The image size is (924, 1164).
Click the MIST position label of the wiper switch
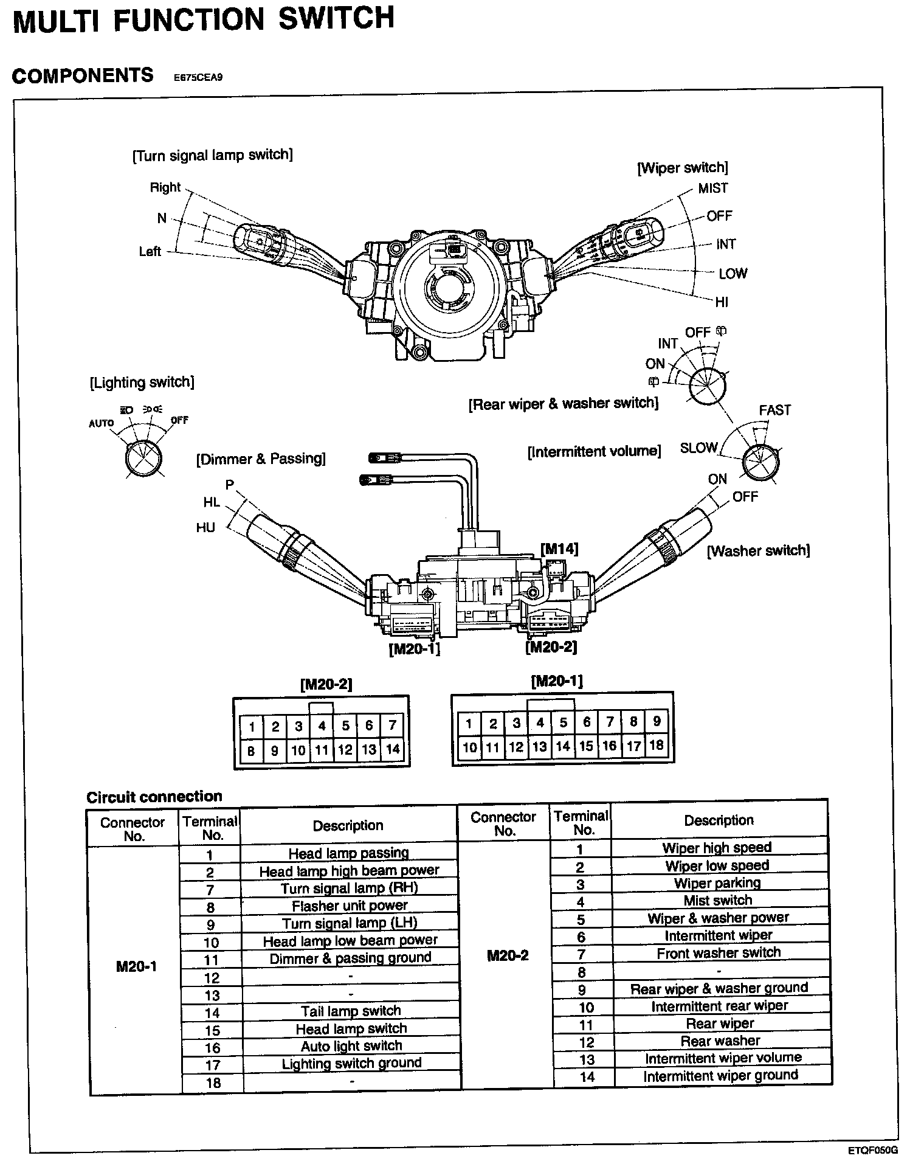[712, 189]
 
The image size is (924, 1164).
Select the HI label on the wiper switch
[721, 302]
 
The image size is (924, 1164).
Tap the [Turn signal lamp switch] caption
[212, 155]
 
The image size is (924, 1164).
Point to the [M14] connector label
[559, 549]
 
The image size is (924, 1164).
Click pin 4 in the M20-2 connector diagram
[322, 726]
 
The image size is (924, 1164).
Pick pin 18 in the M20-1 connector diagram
[657, 745]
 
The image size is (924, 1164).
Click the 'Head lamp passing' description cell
[348, 853]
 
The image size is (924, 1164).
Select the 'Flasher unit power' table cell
[350, 906]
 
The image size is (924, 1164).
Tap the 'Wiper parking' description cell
[717, 883]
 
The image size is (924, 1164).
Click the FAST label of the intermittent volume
[774, 411]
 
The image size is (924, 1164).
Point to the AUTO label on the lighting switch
[102, 423]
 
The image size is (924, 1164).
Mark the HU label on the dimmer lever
[205, 527]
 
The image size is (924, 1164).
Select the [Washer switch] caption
[758, 551]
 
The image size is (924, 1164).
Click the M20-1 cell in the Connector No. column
[136, 967]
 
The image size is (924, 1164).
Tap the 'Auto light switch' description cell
[351, 1046]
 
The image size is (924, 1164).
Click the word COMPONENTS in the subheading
[83, 75]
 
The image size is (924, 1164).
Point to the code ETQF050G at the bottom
[873, 1150]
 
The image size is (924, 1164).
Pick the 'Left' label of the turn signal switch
[150, 251]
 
